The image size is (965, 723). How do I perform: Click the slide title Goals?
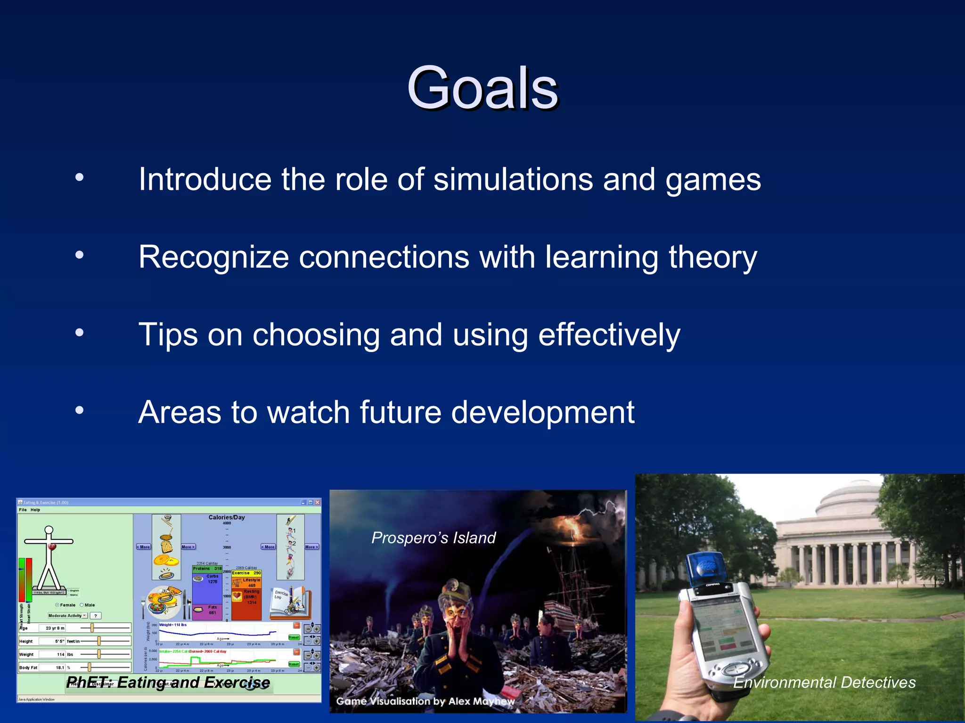pos(482,88)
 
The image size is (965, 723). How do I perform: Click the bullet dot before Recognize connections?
pos(80,255)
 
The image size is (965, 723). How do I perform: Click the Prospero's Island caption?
pos(433,538)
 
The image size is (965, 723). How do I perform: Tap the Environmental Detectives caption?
pos(824,682)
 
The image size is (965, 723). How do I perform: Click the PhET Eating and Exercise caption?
pos(168,682)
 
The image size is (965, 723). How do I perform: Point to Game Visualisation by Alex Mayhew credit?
pos(425,701)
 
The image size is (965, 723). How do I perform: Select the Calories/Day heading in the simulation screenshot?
pos(227,517)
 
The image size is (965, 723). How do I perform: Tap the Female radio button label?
pos(67,605)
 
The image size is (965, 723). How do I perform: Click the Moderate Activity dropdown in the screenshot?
pos(67,616)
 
